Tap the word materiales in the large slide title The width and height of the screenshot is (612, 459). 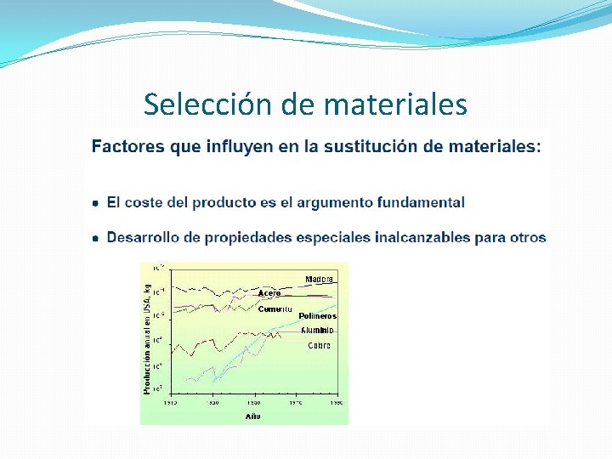coord(395,105)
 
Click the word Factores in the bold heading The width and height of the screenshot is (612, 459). coord(128,146)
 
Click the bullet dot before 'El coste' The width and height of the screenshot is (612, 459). coord(96,203)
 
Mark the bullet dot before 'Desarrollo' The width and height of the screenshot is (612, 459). coord(96,238)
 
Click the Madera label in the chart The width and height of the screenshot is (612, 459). coord(320,279)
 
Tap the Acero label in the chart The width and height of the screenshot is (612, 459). coord(269,293)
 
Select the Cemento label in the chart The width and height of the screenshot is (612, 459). coord(275,309)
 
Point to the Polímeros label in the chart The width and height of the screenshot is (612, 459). coord(317,316)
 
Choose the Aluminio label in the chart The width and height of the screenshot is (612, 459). coord(317,330)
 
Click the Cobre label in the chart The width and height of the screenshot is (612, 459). coord(319,345)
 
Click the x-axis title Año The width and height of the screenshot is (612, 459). coord(253,416)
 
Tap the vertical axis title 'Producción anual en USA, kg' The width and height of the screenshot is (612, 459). coord(147,338)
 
